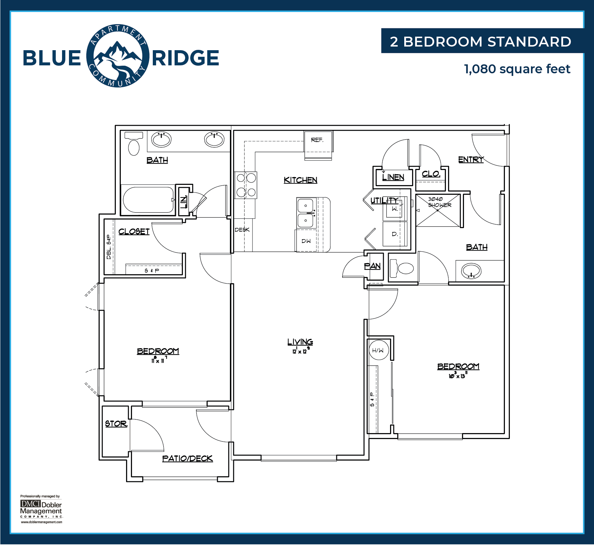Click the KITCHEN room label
tap(300, 180)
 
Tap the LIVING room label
tap(300, 342)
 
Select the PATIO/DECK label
tap(187, 459)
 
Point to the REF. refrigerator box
tap(318, 146)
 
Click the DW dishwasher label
tap(306, 241)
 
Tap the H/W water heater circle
tap(378, 350)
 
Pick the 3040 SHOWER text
tap(440, 202)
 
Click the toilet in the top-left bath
tap(134, 143)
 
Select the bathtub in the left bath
tap(148, 200)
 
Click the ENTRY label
tap(471, 160)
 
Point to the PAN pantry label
tap(372, 266)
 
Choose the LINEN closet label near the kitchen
tap(393, 177)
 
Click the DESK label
tap(242, 230)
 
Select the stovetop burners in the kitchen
tap(246, 185)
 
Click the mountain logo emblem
tap(118, 56)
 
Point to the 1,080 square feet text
tap(517, 69)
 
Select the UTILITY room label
tap(384, 200)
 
